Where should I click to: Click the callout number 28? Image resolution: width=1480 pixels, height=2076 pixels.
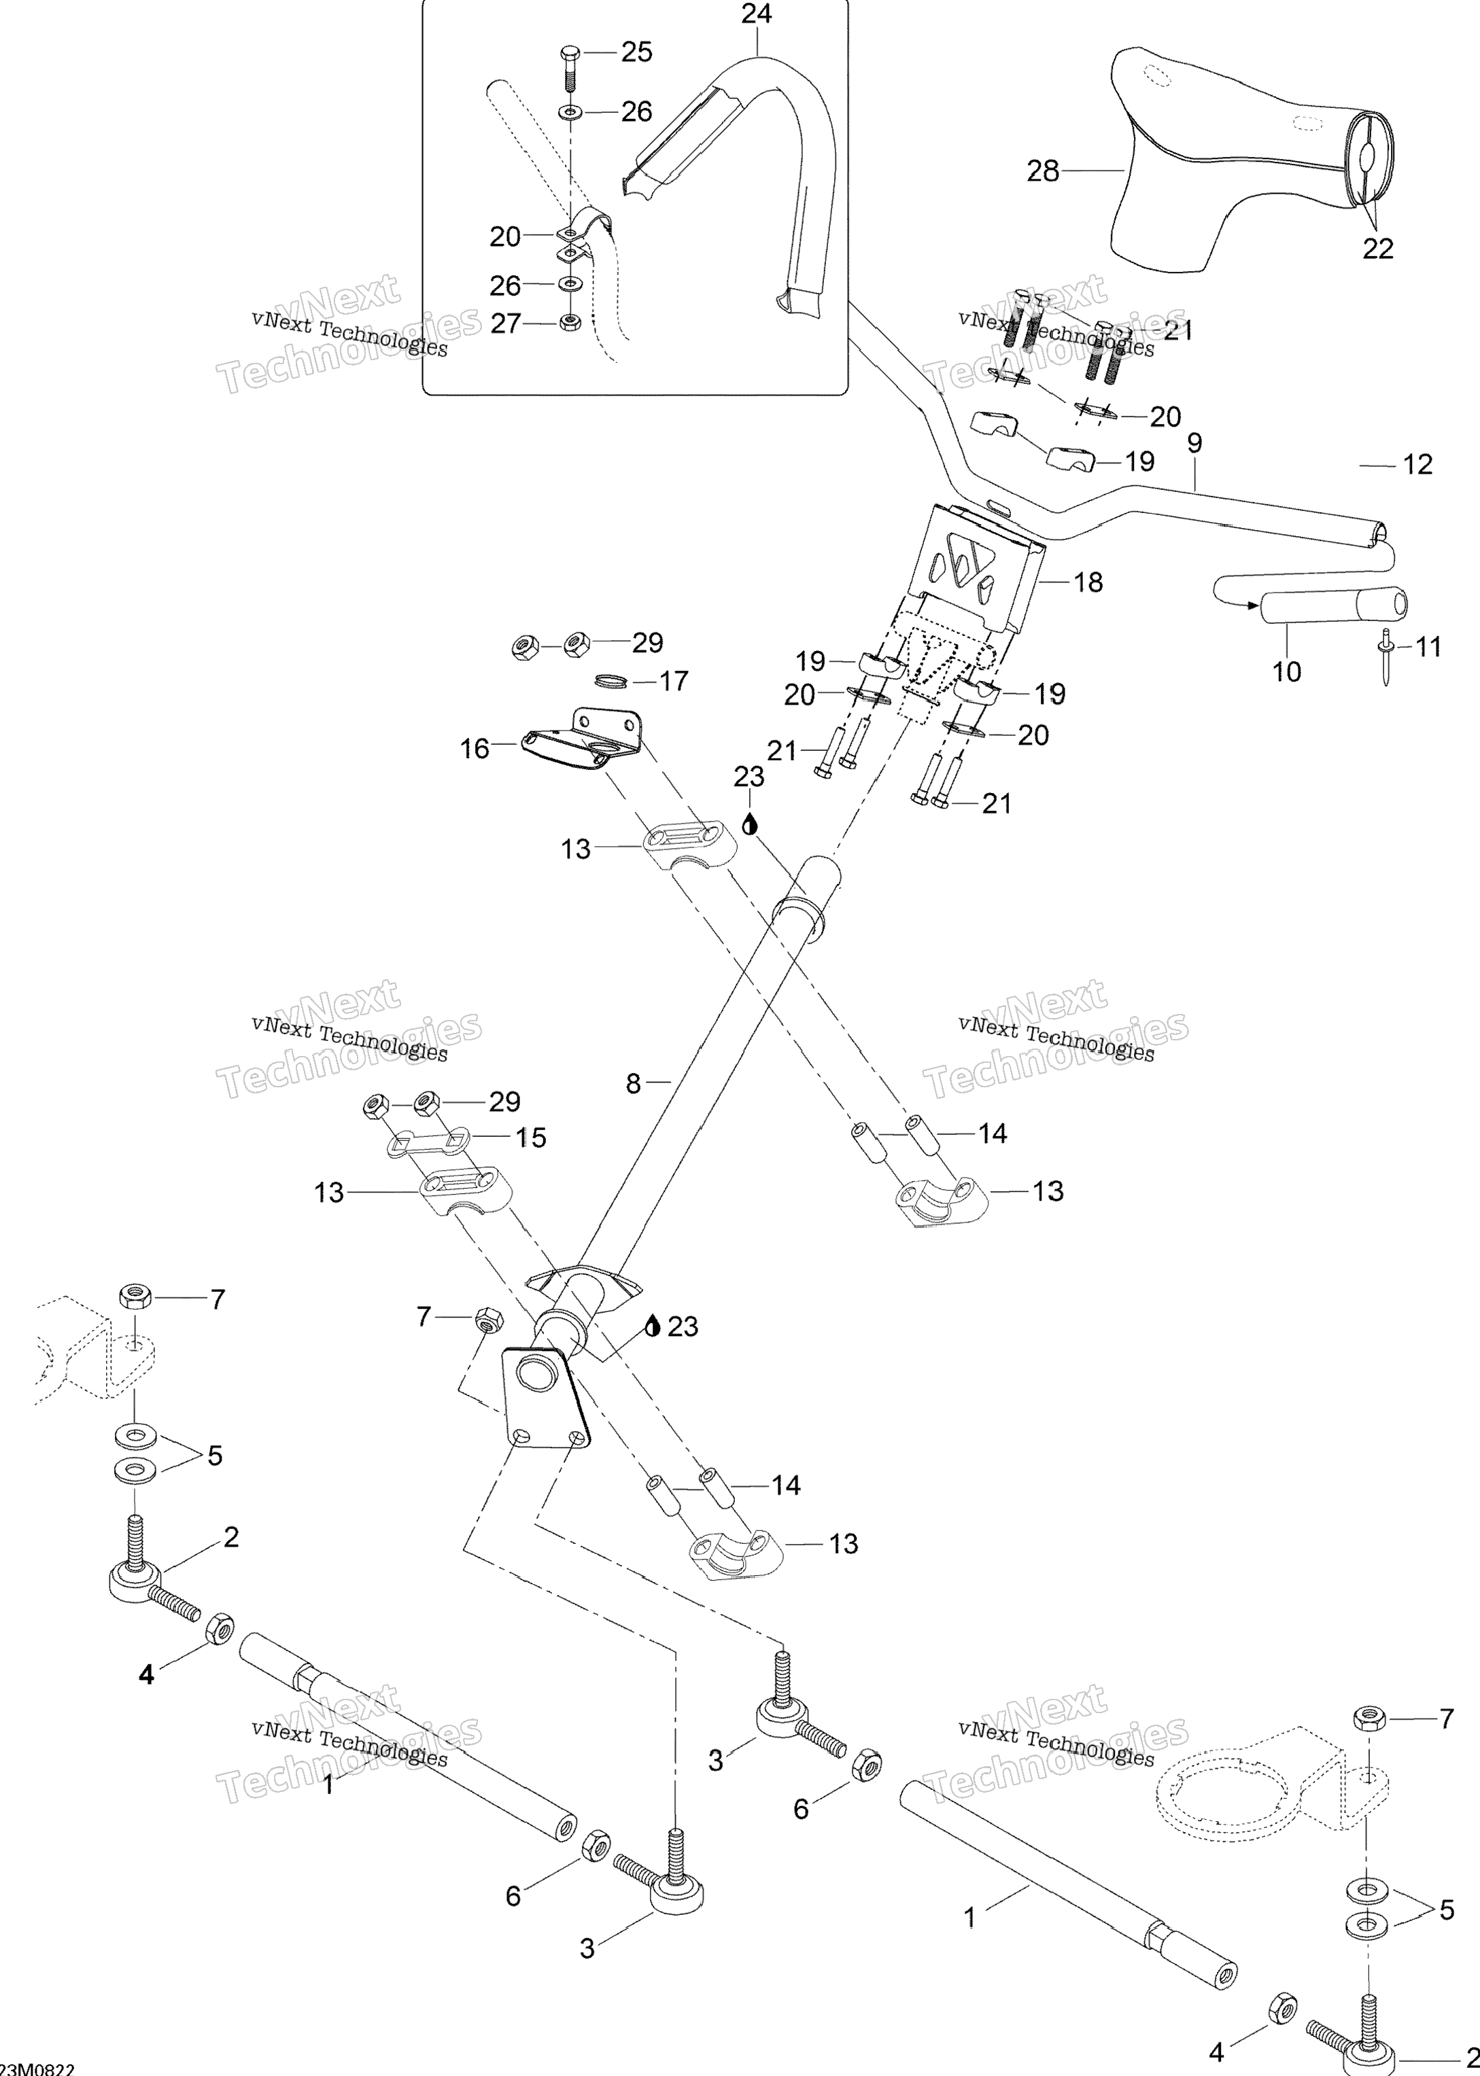[x=1044, y=171]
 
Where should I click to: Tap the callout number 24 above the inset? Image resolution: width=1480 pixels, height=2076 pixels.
[x=757, y=14]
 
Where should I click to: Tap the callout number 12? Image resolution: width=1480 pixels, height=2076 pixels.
[x=1417, y=465]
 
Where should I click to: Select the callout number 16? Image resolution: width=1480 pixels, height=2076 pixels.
[x=475, y=749]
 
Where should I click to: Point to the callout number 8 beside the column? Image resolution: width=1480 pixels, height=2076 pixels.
[x=634, y=1083]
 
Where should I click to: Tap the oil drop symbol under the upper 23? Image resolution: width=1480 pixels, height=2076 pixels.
[x=749, y=824]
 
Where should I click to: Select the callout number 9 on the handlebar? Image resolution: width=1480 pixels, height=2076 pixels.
[x=1194, y=444]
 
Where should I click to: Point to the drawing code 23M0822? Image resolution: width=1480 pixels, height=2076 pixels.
[x=38, y=2068]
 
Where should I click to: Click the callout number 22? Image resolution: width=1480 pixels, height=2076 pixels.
[x=1378, y=249]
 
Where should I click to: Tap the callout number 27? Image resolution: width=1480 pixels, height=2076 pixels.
[x=506, y=323]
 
